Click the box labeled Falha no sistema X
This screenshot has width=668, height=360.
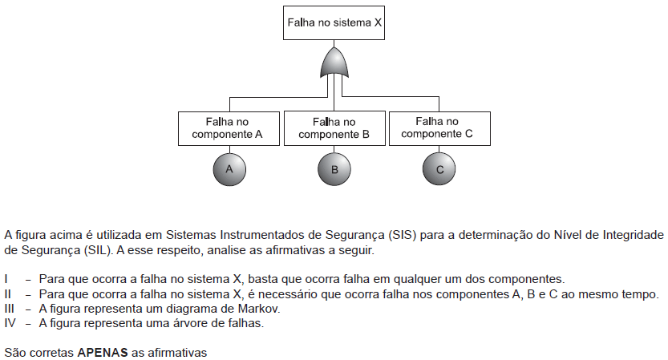tap(334, 23)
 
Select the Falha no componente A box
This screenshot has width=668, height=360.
tap(229, 128)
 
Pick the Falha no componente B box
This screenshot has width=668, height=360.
tap(334, 128)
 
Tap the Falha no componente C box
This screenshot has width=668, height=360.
tap(439, 128)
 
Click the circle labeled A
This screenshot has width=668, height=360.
tap(229, 169)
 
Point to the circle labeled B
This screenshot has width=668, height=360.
tap(334, 169)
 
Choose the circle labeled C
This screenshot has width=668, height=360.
tap(439, 169)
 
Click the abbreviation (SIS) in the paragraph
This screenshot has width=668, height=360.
tap(402, 235)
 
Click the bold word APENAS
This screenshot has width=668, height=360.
tap(103, 353)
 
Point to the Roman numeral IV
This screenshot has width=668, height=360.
tap(10, 323)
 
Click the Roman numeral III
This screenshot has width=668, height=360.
tap(9, 309)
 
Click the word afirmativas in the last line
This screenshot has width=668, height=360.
tap(177, 353)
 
